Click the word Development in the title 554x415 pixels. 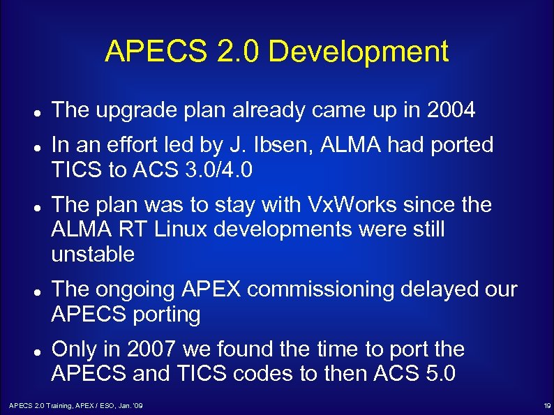[358, 52]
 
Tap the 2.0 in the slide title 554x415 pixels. [235, 52]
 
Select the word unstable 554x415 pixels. [93, 255]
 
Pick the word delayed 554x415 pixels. [444, 289]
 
